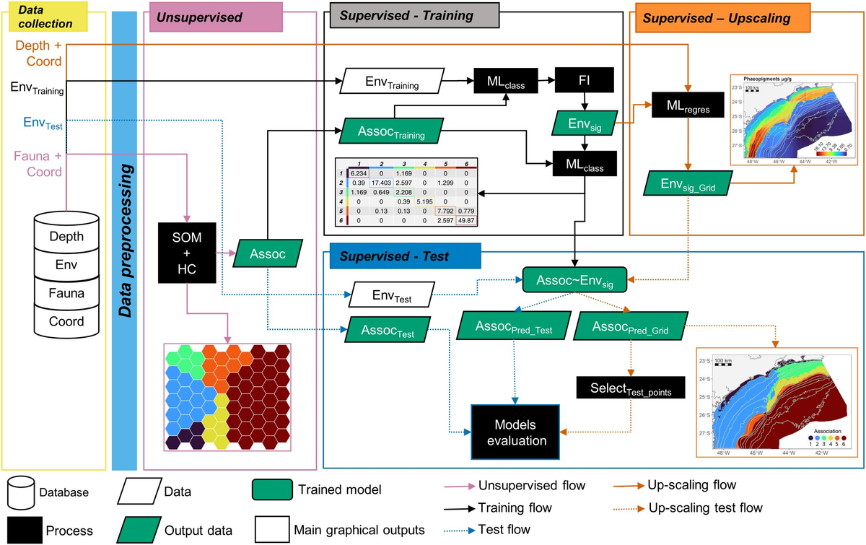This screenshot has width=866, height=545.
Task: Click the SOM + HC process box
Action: [x=186, y=254]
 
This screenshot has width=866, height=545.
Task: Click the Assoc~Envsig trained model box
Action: [x=574, y=278]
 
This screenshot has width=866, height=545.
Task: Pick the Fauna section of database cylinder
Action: [x=66, y=294]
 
